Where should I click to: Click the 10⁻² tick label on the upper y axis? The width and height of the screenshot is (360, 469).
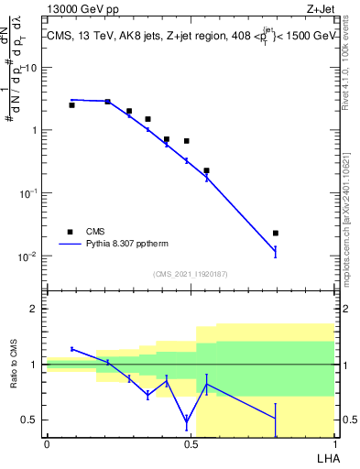pos(27,256)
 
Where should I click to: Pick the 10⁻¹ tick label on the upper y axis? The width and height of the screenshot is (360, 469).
pos(27,193)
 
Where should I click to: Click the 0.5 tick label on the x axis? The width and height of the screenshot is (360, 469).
pos(191,443)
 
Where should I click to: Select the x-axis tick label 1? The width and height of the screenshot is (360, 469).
pos(334,443)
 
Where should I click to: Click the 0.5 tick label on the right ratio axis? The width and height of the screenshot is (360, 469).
pos(347,420)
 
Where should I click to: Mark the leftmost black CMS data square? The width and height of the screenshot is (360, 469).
pos(72,105)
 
